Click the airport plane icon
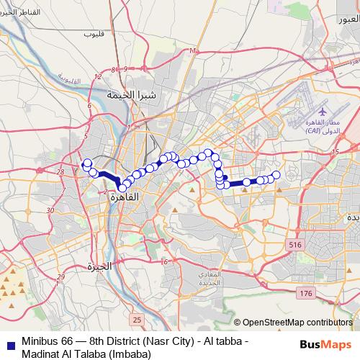click(x=322, y=114)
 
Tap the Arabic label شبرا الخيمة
click(x=127, y=94)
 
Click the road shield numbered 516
click(x=294, y=246)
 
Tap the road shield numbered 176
click(x=306, y=293)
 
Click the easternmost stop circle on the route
click(x=275, y=175)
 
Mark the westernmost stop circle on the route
click(x=86, y=163)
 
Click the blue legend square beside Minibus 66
click(x=9, y=342)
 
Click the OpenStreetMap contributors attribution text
click(x=297, y=323)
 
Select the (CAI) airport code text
click(x=314, y=132)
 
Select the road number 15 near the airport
click(x=336, y=151)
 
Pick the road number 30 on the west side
click(x=50, y=210)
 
